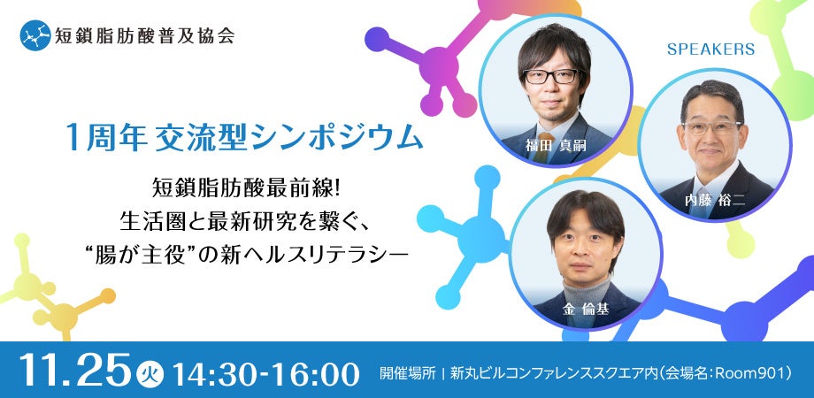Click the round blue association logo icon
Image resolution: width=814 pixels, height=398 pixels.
tap(35, 37)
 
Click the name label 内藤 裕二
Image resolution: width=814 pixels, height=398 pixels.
tap(712, 200)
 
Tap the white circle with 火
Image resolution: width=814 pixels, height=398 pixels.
tap(148, 371)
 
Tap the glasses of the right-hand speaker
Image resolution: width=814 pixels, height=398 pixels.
tap(711, 126)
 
